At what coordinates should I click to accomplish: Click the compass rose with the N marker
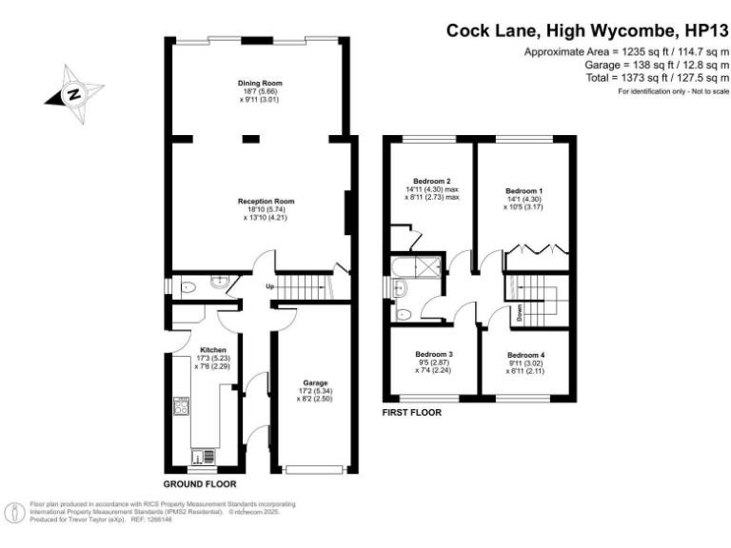(72, 93)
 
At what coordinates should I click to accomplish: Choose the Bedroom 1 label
(524, 191)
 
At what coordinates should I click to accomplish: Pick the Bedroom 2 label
(432, 181)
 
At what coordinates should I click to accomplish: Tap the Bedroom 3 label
(432, 354)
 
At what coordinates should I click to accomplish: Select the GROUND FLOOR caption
(195, 482)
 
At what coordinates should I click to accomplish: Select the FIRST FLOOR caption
(411, 413)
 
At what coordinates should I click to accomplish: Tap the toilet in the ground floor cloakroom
(187, 284)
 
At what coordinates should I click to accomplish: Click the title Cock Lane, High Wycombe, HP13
(587, 30)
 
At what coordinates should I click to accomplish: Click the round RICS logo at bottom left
(16, 512)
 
